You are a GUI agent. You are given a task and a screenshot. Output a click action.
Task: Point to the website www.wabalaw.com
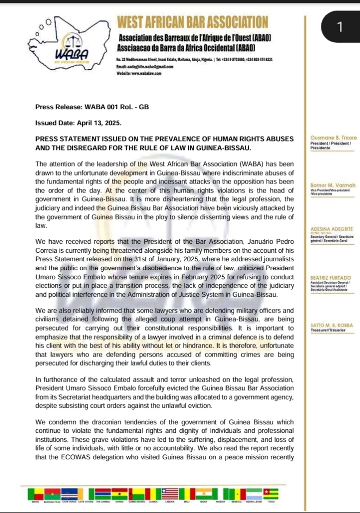pyautogui.click(x=138, y=73)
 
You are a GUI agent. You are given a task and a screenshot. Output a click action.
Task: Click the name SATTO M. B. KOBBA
pyautogui.click(x=332, y=325)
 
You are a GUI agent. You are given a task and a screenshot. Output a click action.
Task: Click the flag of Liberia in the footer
pyautogui.click(x=169, y=493)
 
